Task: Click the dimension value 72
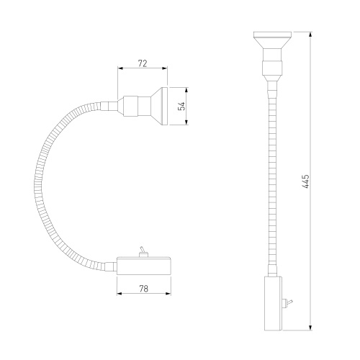143,63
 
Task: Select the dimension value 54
182,106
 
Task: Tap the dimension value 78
143,289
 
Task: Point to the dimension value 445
306,181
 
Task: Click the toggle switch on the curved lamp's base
143,252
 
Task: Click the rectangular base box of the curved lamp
144,266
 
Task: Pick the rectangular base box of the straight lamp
273,303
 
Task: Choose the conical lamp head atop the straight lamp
272,40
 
